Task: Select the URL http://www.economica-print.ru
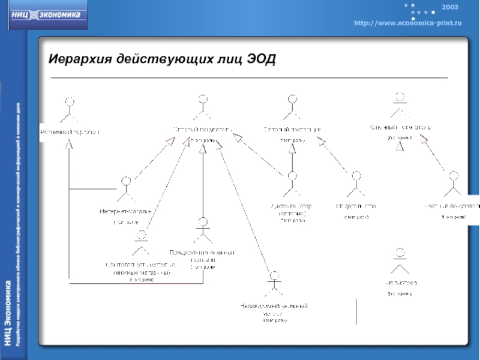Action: [407, 22]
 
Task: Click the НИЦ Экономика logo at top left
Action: [48, 16]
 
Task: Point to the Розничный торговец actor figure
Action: [70, 108]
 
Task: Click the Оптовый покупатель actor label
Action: [202, 130]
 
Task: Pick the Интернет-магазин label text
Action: [126, 211]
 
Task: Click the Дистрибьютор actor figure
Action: [293, 184]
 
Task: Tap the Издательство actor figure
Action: [356, 184]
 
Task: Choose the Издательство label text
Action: [356, 206]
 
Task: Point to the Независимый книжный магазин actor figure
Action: [275, 283]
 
